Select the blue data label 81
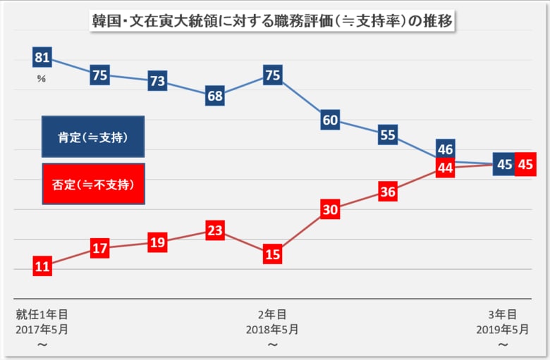pos(42,58)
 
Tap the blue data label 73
pos(157,81)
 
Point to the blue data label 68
pos(215,96)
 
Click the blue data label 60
pos(330,120)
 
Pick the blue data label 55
pos(388,135)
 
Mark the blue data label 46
pos(445,149)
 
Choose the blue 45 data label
pos(503,164)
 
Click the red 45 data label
pos(525,164)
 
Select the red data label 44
pos(445,168)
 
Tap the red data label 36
pos(388,192)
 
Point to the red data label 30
pos(330,209)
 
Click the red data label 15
pos(273,254)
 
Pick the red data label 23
pos(215,230)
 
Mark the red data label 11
pos(42,266)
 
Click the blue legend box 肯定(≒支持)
pos(93,137)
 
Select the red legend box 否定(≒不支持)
pos(93,184)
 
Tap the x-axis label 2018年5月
pos(272,329)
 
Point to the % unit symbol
pos(42,79)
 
